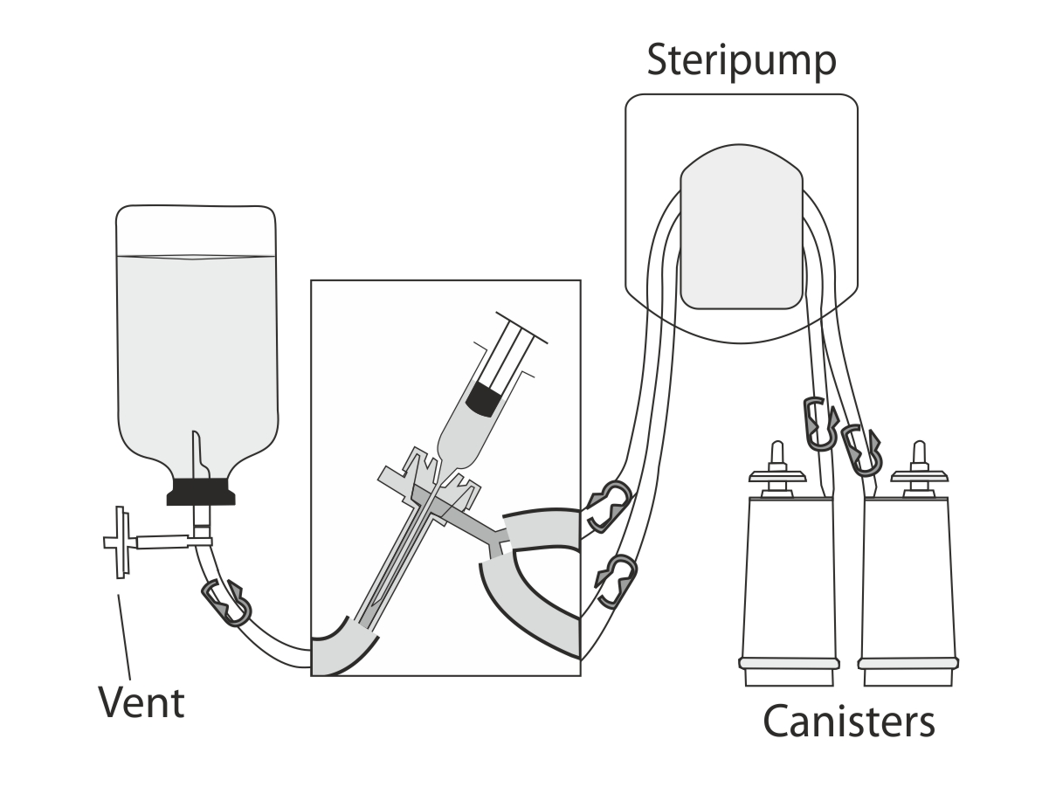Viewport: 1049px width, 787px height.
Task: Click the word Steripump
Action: point(742,60)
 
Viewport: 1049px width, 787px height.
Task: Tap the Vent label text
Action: point(141,702)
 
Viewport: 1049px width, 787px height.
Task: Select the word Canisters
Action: point(849,721)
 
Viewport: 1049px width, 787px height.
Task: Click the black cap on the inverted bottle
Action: point(201,492)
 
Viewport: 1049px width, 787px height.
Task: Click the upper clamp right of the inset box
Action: point(609,507)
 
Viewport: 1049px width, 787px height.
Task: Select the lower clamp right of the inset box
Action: point(617,581)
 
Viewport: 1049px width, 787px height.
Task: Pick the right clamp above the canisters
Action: point(861,450)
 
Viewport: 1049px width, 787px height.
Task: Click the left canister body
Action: point(789,577)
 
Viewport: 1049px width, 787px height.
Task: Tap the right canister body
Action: point(907,577)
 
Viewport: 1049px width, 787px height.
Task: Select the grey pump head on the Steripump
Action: point(742,226)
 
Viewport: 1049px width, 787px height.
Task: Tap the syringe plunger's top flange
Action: point(521,328)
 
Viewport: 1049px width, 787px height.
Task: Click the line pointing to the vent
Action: point(124,637)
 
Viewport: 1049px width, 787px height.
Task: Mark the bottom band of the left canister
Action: point(789,663)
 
